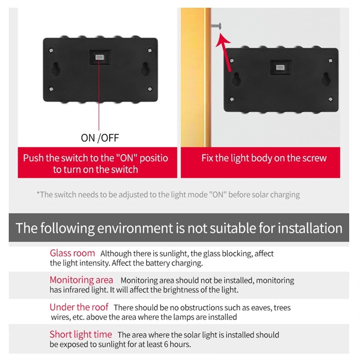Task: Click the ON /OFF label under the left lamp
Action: pos(100,138)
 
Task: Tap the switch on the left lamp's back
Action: pos(100,57)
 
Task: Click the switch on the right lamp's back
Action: pos(280,67)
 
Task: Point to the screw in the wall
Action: pos(217,26)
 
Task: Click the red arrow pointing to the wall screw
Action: pos(225,52)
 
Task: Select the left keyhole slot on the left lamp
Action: pos(56,69)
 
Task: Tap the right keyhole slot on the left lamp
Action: pos(145,69)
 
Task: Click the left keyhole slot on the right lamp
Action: pos(236,79)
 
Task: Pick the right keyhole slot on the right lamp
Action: pos(326,79)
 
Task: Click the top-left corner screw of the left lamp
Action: pos(51,50)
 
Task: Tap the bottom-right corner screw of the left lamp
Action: pos(150,89)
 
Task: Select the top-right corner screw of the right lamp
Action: pos(330,61)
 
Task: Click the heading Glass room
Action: pos(73,253)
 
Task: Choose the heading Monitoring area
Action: pos(81,280)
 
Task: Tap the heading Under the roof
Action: pos(79,307)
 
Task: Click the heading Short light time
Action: pos(81,334)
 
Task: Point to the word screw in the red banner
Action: pos(316,158)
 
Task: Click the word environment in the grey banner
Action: pos(135,228)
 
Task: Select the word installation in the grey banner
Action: pos(310,228)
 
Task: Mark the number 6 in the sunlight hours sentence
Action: pos(166,345)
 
